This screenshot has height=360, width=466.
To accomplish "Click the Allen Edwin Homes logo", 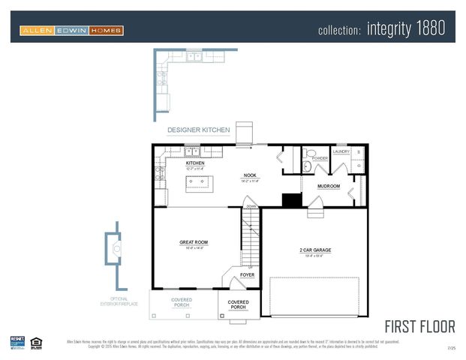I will click(x=72, y=31).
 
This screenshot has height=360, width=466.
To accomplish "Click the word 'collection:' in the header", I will click(x=340, y=30).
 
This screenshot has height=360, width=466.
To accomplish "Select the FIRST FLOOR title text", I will click(x=420, y=326).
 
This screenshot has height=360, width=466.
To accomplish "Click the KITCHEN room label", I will click(x=195, y=163).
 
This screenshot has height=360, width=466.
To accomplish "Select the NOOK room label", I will click(x=250, y=175).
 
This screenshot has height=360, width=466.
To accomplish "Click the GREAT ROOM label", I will click(x=194, y=242).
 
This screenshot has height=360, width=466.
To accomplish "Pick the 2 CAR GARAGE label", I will click(x=315, y=250).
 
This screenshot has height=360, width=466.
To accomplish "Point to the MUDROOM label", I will click(x=329, y=186).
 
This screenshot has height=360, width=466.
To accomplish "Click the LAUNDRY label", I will click(x=341, y=151).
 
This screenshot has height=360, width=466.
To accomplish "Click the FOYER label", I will click(x=247, y=275).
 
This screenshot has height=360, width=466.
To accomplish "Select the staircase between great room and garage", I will click(x=250, y=236).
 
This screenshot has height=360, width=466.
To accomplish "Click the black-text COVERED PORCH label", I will click(x=238, y=304).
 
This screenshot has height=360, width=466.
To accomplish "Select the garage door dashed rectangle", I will click(x=314, y=295).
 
